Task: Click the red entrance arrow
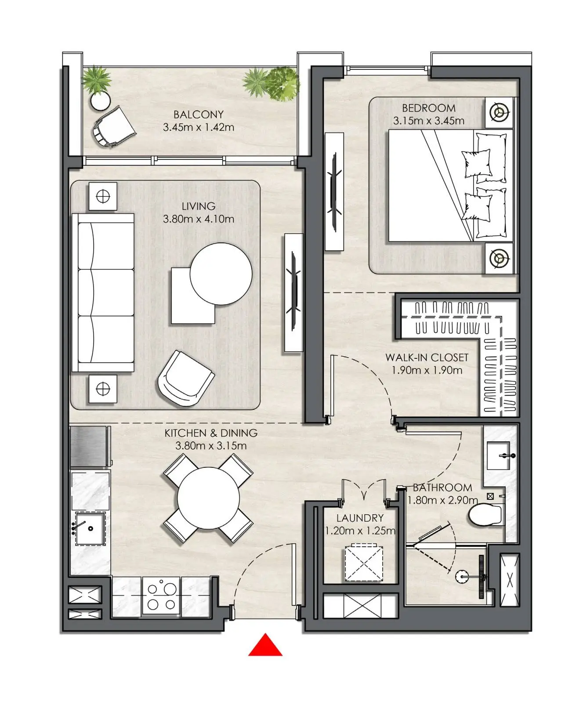[x=265, y=645]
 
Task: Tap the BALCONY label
[x=199, y=115]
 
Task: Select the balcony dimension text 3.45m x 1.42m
[x=199, y=127]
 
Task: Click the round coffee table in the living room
[x=221, y=274]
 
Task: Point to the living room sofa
[x=103, y=293]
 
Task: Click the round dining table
[x=209, y=498]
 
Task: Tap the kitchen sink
[x=90, y=528]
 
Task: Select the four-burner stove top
[x=161, y=596]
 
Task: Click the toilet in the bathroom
[x=485, y=515]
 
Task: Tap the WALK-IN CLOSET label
[x=427, y=357]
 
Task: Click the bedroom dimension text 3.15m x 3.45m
[x=429, y=121]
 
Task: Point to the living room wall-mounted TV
[x=293, y=292]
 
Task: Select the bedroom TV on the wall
[x=334, y=191]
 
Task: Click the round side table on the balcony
[x=101, y=101]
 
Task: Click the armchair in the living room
[x=186, y=379]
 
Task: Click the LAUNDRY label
[x=360, y=518]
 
